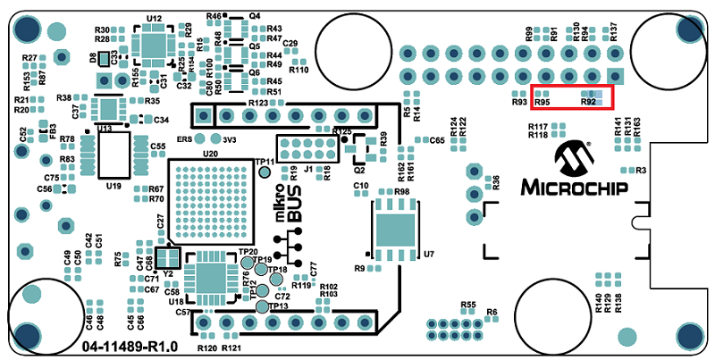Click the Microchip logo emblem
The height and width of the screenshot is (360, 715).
click(x=573, y=158)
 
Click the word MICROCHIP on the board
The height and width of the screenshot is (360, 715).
click(x=573, y=188)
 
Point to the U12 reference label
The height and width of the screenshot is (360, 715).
click(x=154, y=18)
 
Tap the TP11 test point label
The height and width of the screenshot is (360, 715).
click(x=265, y=162)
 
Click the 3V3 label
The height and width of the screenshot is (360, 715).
click(x=229, y=139)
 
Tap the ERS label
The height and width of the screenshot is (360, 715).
click(x=185, y=139)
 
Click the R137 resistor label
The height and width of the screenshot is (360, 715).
click(x=614, y=32)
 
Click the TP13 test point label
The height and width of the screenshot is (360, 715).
click(x=277, y=306)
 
